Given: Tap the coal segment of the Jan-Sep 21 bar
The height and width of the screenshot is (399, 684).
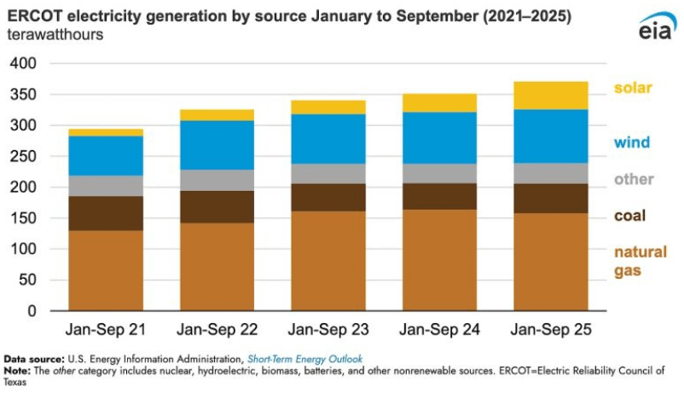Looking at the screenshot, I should point(106,213).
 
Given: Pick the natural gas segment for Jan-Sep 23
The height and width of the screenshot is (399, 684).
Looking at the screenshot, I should point(328,261).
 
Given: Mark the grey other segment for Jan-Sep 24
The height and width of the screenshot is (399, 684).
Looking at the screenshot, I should point(439,173).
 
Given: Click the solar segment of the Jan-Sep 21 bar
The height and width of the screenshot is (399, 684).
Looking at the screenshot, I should point(106,132).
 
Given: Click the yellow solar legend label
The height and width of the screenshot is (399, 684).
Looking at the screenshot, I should point(633,88).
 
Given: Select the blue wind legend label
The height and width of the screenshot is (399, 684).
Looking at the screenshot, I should point(632,142).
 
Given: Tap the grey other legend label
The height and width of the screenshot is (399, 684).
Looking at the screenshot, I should point(634,180).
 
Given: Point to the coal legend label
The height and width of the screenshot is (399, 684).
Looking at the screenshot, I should point(630,217).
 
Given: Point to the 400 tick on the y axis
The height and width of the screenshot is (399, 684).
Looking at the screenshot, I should point(23,64).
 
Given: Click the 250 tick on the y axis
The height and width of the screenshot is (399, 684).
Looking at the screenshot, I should point(23,157).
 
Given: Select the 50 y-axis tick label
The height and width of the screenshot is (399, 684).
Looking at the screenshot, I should point(27,280).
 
